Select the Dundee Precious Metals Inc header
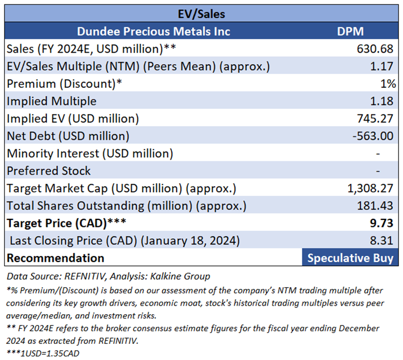pos(154,31)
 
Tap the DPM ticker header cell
pos(350,31)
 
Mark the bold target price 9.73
pos(384,223)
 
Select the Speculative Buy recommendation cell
pos(350,258)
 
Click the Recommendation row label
pos(55,258)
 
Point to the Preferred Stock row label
pos(48,171)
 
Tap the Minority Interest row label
pos(90,153)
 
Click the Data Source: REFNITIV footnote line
pos(108,277)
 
